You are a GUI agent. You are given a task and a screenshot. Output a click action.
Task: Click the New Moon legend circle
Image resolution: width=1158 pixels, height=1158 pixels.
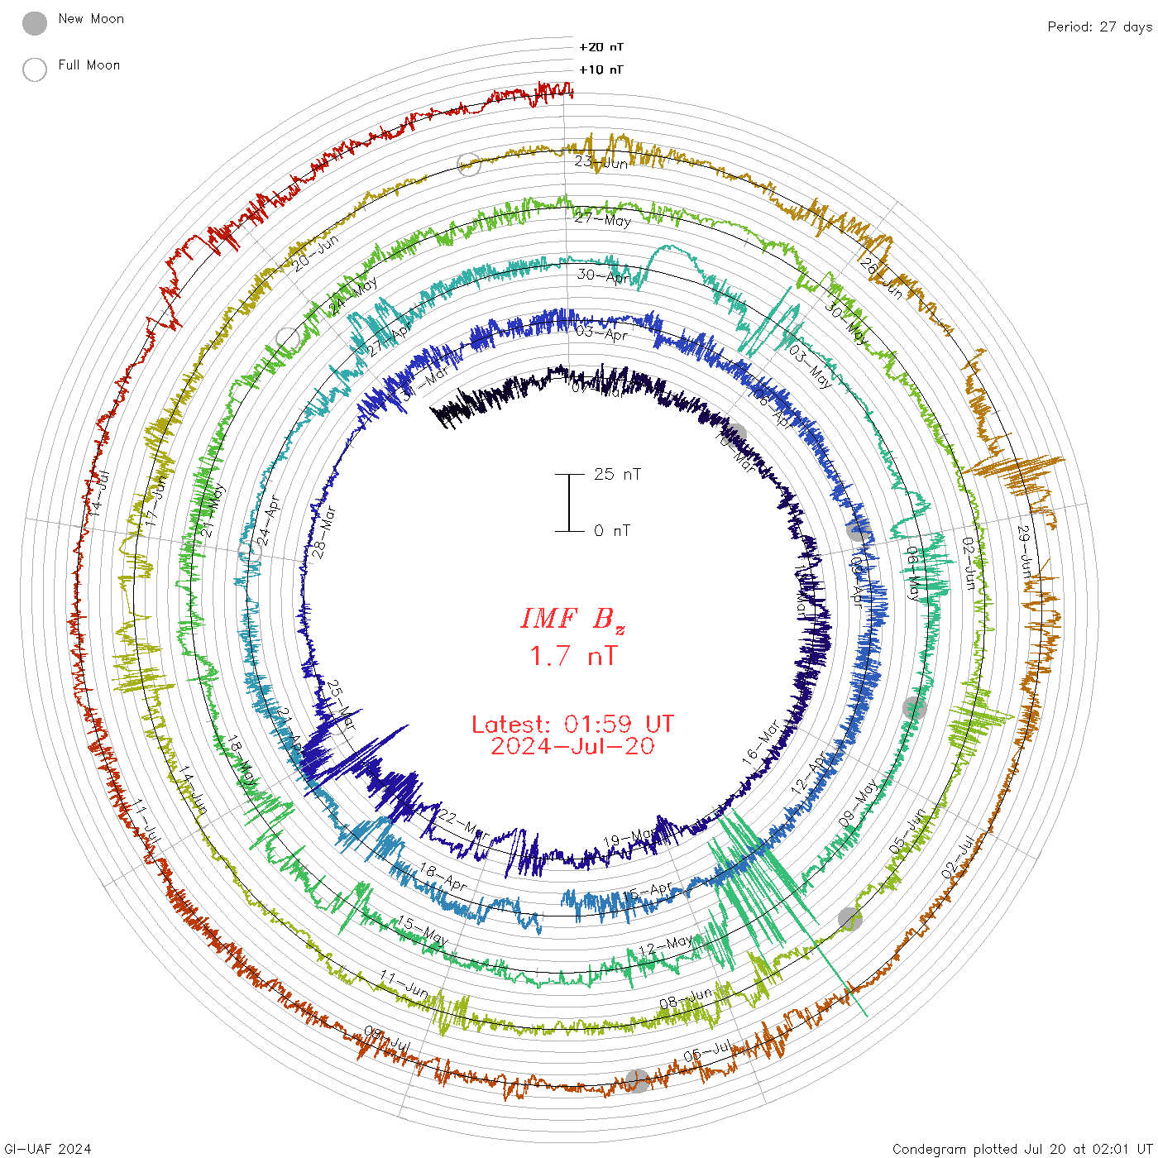[x=35, y=23]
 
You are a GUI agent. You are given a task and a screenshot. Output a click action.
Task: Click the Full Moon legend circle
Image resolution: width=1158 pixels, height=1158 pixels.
[x=35, y=69]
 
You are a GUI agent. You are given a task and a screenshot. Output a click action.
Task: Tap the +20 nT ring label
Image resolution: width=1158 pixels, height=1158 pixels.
[x=601, y=47]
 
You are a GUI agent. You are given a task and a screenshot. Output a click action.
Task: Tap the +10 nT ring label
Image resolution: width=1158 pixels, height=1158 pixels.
[x=601, y=69]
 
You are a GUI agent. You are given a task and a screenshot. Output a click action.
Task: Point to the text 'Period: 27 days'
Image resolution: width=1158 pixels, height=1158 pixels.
[x=1099, y=26]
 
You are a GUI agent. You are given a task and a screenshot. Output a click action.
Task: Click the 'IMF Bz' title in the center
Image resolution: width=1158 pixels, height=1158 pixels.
[x=572, y=619]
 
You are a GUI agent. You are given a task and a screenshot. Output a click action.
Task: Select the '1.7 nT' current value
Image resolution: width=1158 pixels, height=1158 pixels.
[x=572, y=656]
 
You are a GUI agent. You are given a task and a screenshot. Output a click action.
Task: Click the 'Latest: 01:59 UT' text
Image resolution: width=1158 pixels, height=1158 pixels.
[x=572, y=725]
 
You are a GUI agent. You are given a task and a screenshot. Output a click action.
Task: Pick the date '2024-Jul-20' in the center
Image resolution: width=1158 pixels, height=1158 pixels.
[x=572, y=746]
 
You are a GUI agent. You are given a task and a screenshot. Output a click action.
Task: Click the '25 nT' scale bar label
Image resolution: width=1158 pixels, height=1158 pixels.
[x=617, y=474]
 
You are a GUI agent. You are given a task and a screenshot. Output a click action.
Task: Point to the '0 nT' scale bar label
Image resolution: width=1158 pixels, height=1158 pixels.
[x=612, y=530]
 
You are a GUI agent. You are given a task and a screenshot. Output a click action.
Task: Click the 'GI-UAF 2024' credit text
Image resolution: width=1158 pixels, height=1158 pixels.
[x=47, y=1149]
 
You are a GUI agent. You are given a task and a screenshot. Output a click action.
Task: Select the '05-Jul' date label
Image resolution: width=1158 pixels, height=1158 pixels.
[x=708, y=1052]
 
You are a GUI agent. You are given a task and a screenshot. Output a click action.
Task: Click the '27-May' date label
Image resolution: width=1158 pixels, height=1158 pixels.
[x=603, y=219]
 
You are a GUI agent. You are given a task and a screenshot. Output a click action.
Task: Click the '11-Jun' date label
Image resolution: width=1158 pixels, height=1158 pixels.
[x=404, y=983]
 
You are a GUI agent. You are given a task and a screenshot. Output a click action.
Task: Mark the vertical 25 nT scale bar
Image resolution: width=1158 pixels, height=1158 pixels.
[x=569, y=502]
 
